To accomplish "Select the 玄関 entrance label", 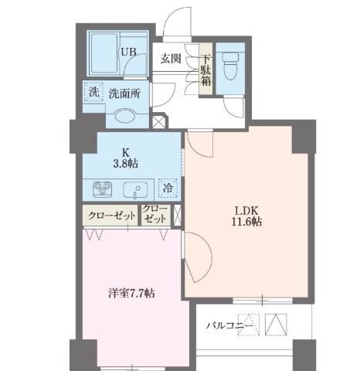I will click(172, 57).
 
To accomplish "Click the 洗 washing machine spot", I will click(93, 92).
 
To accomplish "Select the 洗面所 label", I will click(124, 94).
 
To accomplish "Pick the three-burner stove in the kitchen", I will click(104, 189).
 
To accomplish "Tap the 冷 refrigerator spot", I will click(167, 189).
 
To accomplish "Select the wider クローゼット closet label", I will click(110, 215).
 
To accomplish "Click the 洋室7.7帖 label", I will click(131, 293).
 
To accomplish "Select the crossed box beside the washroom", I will click(158, 121).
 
